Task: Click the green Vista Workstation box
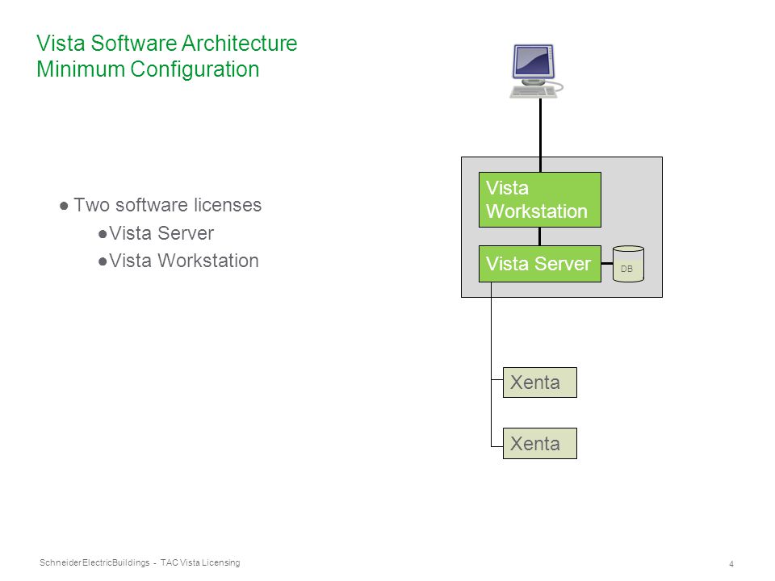pos(540,199)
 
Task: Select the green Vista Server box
pos(540,264)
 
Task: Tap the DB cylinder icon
pos(628,264)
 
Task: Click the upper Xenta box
pos(540,382)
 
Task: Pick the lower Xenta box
pos(540,443)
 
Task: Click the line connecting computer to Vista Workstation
pos(540,135)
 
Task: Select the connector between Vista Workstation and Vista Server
pos(539,236)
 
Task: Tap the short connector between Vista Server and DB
pos(607,263)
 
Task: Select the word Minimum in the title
pos(81,69)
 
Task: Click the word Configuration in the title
pos(195,69)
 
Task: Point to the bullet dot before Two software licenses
pos(64,206)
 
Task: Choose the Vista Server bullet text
pos(161,233)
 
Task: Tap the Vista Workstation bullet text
pos(184,261)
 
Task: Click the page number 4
pos(731,564)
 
